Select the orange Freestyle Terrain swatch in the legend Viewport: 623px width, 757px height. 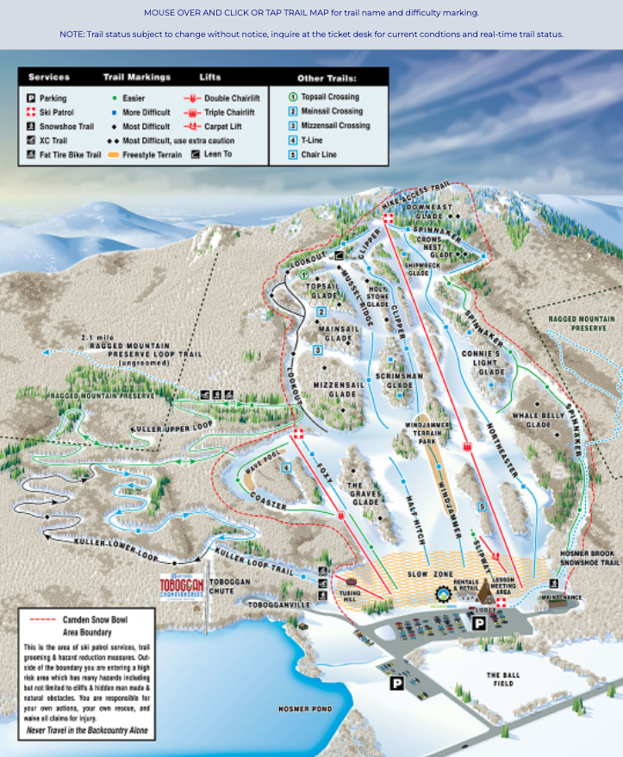pyautogui.click(x=113, y=154)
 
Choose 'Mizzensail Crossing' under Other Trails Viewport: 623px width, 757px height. pyautogui.click(x=336, y=126)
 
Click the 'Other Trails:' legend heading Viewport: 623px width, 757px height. pyautogui.click(x=327, y=78)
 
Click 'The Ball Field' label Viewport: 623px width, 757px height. pyautogui.click(x=505, y=679)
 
